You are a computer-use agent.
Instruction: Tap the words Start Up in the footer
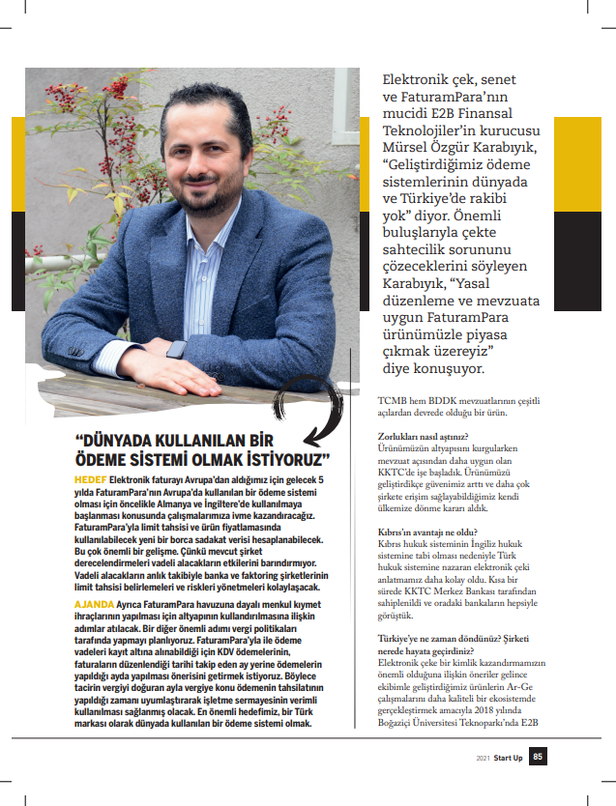pyautogui.click(x=508, y=758)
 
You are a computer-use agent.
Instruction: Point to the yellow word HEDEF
pyautogui.click(x=92, y=480)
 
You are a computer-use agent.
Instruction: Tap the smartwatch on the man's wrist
pyautogui.click(x=175, y=350)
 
